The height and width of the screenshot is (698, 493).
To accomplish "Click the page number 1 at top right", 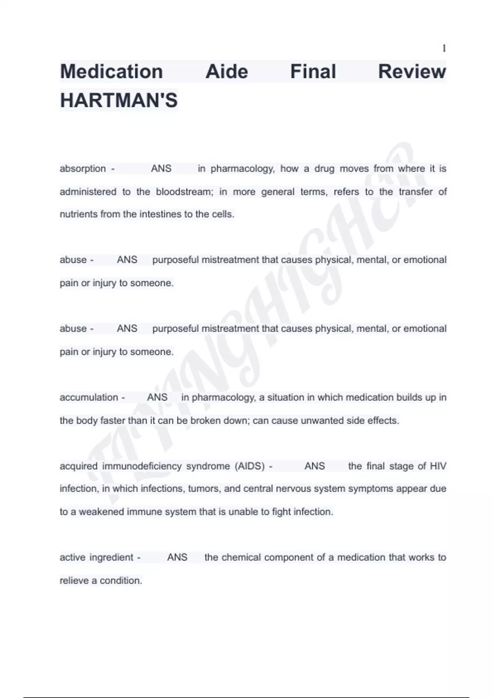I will click(x=444, y=48).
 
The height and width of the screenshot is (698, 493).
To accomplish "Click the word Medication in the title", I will click(x=111, y=71).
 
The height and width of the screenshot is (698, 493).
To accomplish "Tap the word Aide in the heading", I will click(x=227, y=71).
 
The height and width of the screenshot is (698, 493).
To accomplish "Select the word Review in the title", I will click(x=412, y=71).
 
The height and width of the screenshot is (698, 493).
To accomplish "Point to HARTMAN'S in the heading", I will click(x=119, y=100).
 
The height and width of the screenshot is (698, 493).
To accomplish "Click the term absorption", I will click(x=83, y=169).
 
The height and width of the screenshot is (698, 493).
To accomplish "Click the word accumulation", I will click(x=89, y=397).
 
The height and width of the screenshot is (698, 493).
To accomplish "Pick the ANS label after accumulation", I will click(x=157, y=397).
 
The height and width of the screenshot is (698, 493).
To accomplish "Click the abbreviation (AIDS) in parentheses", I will click(x=250, y=466).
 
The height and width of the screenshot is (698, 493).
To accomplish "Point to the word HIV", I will click(x=438, y=466).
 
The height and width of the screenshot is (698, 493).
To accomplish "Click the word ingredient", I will click(x=112, y=558).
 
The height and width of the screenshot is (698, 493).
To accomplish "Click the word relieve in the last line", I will click(x=74, y=581).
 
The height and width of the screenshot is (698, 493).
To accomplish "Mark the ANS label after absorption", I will click(x=161, y=169).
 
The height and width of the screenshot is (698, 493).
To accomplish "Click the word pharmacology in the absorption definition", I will click(x=242, y=169).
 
